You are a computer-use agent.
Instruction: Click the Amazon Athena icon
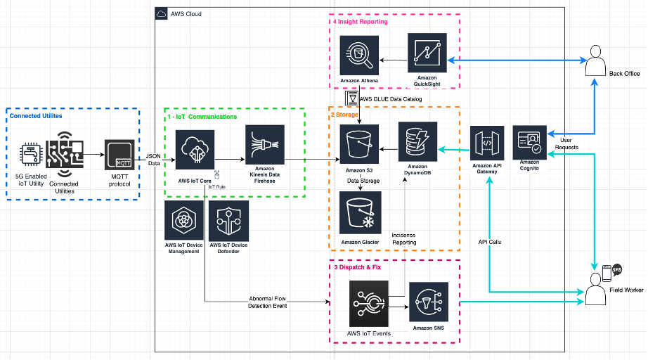tap(360, 56)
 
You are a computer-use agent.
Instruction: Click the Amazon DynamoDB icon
tap(417, 141)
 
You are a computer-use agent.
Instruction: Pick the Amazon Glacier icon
tap(360, 213)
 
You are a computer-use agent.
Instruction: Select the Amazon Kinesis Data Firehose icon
tap(265, 146)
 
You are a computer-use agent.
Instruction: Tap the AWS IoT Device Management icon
tap(183, 221)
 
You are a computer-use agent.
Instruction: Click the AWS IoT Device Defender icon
tap(228, 221)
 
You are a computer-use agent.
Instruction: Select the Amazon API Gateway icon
tap(488, 143)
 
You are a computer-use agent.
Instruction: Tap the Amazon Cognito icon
tap(529, 143)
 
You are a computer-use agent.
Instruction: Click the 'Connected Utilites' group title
tap(36, 115)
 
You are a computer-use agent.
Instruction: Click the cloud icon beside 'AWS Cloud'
tap(162, 13)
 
